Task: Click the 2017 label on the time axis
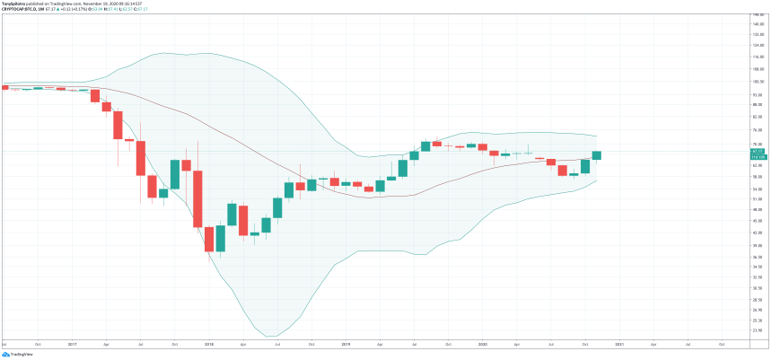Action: click(x=72, y=345)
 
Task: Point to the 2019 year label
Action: click(x=345, y=345)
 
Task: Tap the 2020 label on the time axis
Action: click(x=483, y=345)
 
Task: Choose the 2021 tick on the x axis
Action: click(x=619, y=345)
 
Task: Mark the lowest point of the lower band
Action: click(x=273, y=337)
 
